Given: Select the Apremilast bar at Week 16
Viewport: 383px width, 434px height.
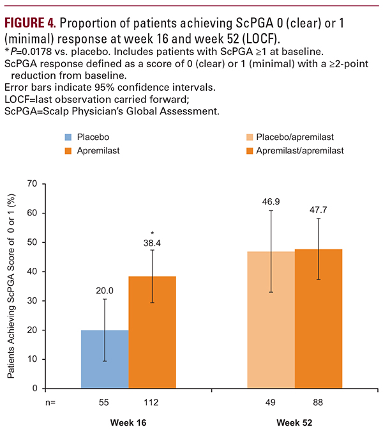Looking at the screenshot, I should point(152,332).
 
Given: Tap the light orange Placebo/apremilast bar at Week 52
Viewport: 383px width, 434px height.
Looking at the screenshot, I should point(270,320).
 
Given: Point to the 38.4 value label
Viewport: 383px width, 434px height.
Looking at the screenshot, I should point(152,244).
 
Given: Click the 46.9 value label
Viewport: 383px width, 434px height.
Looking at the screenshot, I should point(270,200).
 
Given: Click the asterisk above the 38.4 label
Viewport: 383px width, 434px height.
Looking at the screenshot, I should point(152,234).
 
